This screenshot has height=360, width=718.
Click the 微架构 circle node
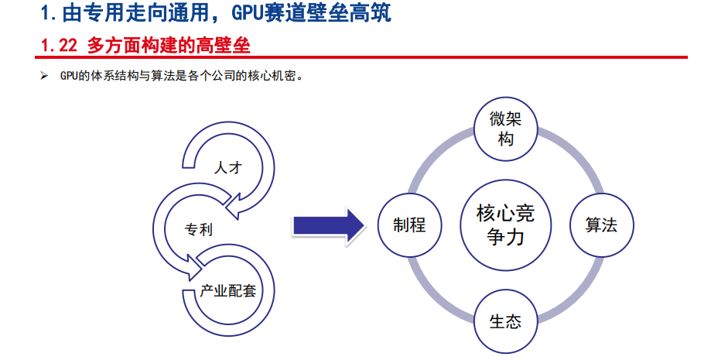(x=505, y=129)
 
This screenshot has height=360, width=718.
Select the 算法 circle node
(x=601, y=225)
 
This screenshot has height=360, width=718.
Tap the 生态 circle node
(x=505, y=321)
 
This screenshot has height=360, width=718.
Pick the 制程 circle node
(x=409, y=225)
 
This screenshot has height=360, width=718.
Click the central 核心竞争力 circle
(x=505, y=225)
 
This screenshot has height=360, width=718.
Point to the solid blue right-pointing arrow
(x=329, y=225)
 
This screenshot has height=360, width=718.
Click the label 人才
(x=228, y=168)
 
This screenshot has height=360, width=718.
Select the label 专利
(x=199, y=229)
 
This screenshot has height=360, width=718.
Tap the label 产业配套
(x=227, y=290)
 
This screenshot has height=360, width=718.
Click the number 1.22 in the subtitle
(x=59, y=46)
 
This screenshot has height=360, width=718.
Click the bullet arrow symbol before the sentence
(x=44, y=76)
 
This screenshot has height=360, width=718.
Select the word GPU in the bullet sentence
(x=69, y=76)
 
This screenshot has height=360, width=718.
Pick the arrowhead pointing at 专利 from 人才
(x=234, y=205)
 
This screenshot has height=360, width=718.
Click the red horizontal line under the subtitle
(x=361, y=57)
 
